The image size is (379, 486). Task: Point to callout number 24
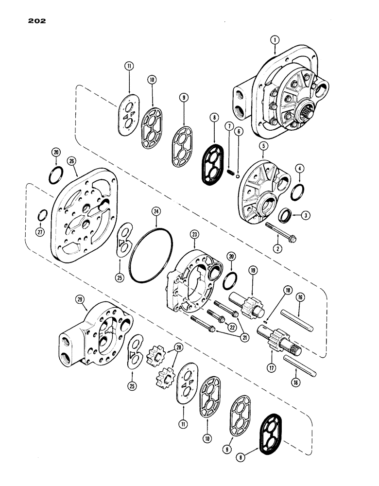click(156, 211)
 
